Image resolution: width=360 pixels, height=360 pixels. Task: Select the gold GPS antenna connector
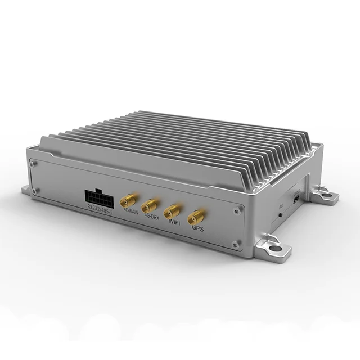coord(196,217)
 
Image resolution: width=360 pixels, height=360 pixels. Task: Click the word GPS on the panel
coord(197,229)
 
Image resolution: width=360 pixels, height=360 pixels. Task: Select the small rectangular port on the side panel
coord(295,199)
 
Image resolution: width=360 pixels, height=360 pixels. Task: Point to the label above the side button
coord(281,207)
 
